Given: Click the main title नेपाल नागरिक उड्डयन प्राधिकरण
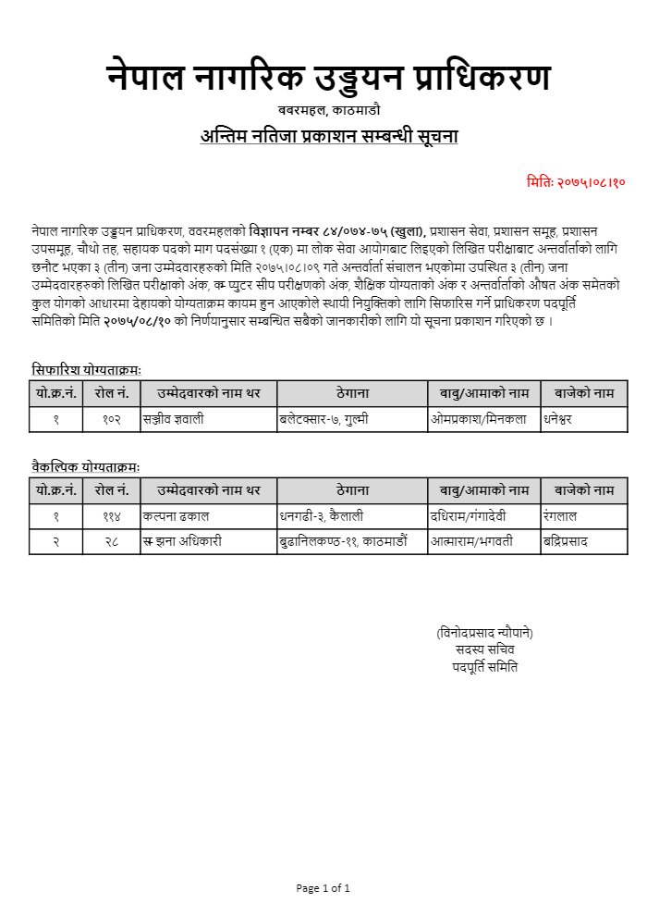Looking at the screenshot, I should [x=328, y=79].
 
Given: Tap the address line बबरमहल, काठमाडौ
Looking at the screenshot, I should [x=328, y=112].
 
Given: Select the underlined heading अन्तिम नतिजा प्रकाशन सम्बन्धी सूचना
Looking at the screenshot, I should [x=329, y=137].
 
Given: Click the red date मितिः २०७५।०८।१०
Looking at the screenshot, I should [x=576, y=181].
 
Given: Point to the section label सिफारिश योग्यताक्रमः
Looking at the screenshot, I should [x=85, y=369].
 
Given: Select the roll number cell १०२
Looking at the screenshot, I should [x=111, y=419].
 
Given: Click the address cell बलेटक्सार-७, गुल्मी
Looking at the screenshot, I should [x=324, y=419].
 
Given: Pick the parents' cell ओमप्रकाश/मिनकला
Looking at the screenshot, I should [x=479, y=419].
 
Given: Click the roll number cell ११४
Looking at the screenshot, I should [x=111, y=515].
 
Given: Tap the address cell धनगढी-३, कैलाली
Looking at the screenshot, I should [x=323, y=515].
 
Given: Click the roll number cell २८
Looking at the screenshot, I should [x=111, y=541].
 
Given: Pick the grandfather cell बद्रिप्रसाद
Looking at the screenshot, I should [x=566, y=541].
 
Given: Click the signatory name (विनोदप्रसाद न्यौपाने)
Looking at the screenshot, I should [x=484, y=633].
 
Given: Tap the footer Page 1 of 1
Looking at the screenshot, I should [x=323, y=888].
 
